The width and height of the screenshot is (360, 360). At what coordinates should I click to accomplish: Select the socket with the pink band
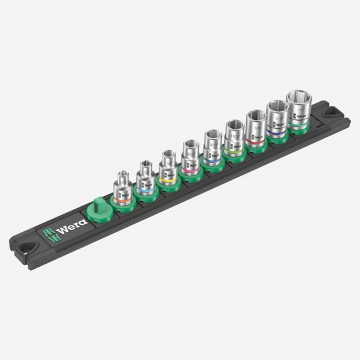191,159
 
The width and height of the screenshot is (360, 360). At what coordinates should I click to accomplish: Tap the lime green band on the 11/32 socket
235,143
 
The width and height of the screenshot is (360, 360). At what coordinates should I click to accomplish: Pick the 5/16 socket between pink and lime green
212,147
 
